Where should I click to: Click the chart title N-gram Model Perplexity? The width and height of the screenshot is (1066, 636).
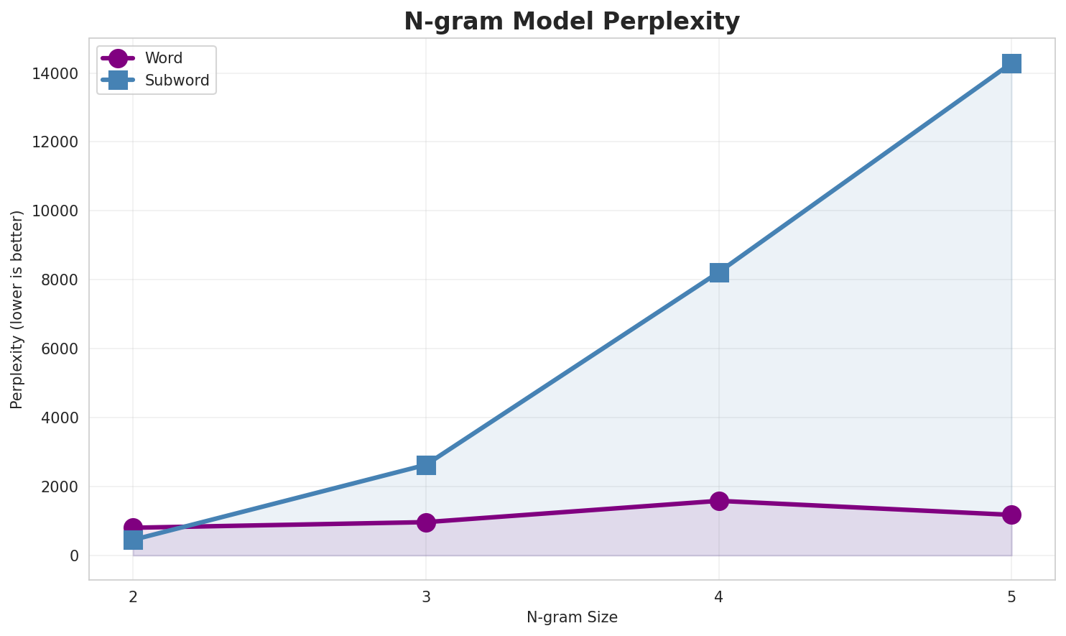point(571,22)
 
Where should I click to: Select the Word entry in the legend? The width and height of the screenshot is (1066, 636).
point(163,58)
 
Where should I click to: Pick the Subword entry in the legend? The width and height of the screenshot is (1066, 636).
point(177,80)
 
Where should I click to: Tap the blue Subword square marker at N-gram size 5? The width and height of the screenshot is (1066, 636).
point(1011,63)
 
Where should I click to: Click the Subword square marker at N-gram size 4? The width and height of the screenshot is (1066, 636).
point(719,272)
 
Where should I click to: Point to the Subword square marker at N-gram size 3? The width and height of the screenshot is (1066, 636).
point(426,465)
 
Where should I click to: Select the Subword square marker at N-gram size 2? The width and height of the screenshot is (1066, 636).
point(133,540)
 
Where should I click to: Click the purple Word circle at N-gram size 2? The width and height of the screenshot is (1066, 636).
point(133,527)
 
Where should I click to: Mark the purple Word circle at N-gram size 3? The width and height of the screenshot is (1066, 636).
point(426,522)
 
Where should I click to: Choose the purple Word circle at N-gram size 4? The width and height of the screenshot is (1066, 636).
point(719,501)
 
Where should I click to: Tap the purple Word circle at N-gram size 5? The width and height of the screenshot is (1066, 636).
point(1011,515)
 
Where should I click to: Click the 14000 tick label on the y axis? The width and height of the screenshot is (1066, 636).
point(55,74)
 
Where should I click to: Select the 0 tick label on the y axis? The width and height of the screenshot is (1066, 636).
point(74,556)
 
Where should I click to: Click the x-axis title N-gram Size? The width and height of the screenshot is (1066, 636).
point(572,617)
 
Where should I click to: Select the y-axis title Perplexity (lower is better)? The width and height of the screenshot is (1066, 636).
point(17,309)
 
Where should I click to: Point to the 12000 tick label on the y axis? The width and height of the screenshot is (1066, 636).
point(55,142)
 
